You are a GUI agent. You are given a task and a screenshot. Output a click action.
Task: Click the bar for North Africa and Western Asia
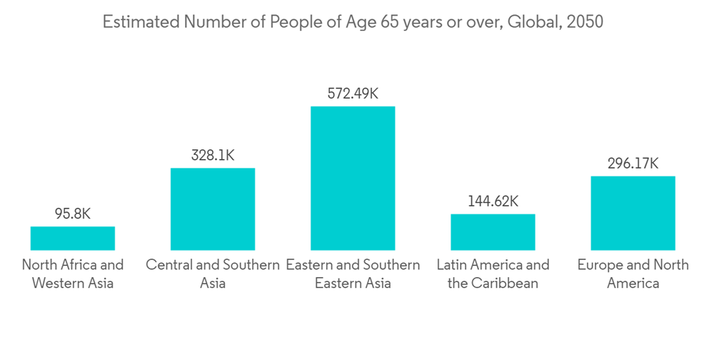(72, 238)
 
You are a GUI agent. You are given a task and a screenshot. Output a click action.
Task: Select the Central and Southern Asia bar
(212, 209)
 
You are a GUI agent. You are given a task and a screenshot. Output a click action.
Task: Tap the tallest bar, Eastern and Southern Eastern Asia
(352, 178)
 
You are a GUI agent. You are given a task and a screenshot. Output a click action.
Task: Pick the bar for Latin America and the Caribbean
(493, 231)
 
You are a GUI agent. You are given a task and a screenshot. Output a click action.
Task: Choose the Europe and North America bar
(633, 213)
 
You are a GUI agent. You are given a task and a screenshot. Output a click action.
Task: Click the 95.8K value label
(72, 214)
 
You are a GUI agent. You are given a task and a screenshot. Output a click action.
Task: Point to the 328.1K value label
(212, 155)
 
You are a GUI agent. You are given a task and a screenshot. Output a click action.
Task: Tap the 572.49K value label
(352, 93)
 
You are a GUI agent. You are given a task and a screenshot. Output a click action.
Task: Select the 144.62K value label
(493, 201)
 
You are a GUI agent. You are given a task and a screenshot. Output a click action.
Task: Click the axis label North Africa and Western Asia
(72, 274)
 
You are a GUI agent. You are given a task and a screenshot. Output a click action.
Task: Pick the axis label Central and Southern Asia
(212, 274)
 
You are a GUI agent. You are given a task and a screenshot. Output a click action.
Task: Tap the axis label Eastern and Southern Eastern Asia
(352, 274)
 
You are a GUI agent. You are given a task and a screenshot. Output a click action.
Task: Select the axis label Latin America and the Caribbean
(493, 274)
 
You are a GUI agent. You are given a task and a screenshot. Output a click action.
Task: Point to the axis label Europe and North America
(633, 274)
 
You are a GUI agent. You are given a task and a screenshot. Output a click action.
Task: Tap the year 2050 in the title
(585, 22)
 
